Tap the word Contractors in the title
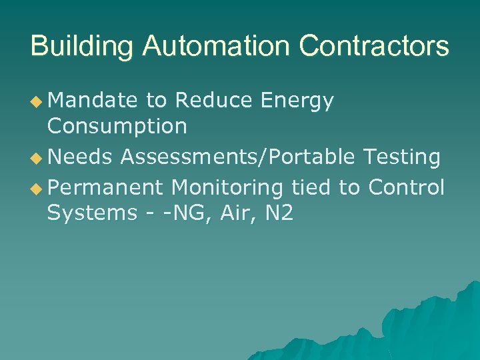click(x=374, y=47)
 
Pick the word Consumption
click(x=117, y=126)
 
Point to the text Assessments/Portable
click(x=238, y=157)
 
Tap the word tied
click(x=311, y=188)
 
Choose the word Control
click(x=406, y=188)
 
